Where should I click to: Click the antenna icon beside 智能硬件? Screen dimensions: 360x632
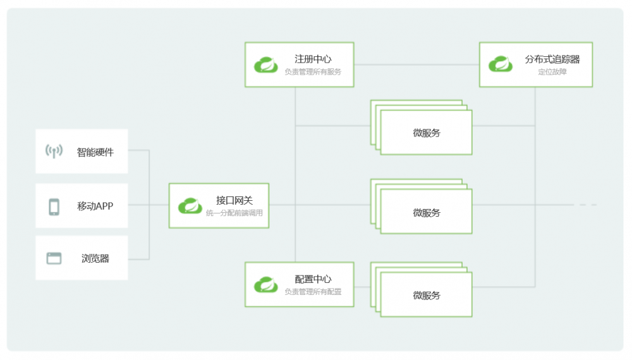click(54, 151)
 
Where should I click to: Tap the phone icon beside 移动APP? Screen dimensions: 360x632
click(54, 207)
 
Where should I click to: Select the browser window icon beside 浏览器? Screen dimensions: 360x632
click(54, 258)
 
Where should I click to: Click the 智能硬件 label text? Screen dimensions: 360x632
click(95, 152)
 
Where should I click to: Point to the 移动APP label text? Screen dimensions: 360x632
click(95, 206)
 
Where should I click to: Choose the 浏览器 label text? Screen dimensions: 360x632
click(95, 258)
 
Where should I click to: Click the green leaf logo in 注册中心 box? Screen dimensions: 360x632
click(266, 64)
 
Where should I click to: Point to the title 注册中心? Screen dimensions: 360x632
click(313, 59)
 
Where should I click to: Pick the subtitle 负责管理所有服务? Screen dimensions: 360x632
click(313, 72)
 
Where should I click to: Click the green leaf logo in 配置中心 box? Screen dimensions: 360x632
click(266, 284)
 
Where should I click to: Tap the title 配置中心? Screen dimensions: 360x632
click(313, 279)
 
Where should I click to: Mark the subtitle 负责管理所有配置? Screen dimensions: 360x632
click(313, 292)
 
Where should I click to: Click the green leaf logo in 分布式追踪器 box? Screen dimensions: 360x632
click(501, 64)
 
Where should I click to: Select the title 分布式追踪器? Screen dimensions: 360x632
click(552, 59)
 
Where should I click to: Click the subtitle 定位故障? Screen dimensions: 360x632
click(552, 72)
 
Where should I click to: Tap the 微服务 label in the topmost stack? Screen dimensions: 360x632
click(427, 133)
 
